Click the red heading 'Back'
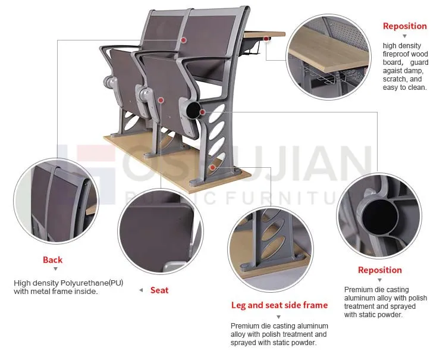[52, 259]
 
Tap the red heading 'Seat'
[159, 290]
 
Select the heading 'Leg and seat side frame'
[279, 305]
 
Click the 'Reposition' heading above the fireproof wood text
[404, 26]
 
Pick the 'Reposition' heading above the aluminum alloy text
[379, 270]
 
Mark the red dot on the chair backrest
[184, 40]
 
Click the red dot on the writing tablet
[265, 40]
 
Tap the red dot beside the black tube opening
[203, 111]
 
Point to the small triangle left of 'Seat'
[140, 290]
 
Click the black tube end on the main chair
[193, 110]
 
